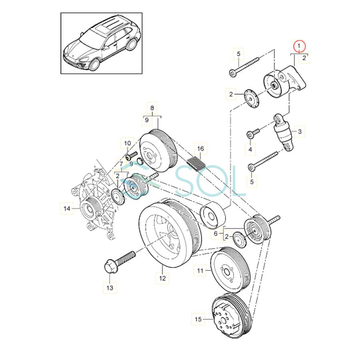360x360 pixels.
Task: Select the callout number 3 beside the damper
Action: tap(299, 131)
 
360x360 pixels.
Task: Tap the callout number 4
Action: tap(250, 150)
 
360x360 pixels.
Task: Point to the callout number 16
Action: tap(200, 149)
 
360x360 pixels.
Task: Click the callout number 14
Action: tap(67, 208)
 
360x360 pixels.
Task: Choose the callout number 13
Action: tap(110, 287)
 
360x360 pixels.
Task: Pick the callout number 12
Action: tap(162, 277)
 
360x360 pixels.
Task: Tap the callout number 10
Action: tap(127, 143)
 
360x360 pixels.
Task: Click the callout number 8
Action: tap(152, 108)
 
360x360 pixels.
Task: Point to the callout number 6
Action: tap(216, 234)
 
